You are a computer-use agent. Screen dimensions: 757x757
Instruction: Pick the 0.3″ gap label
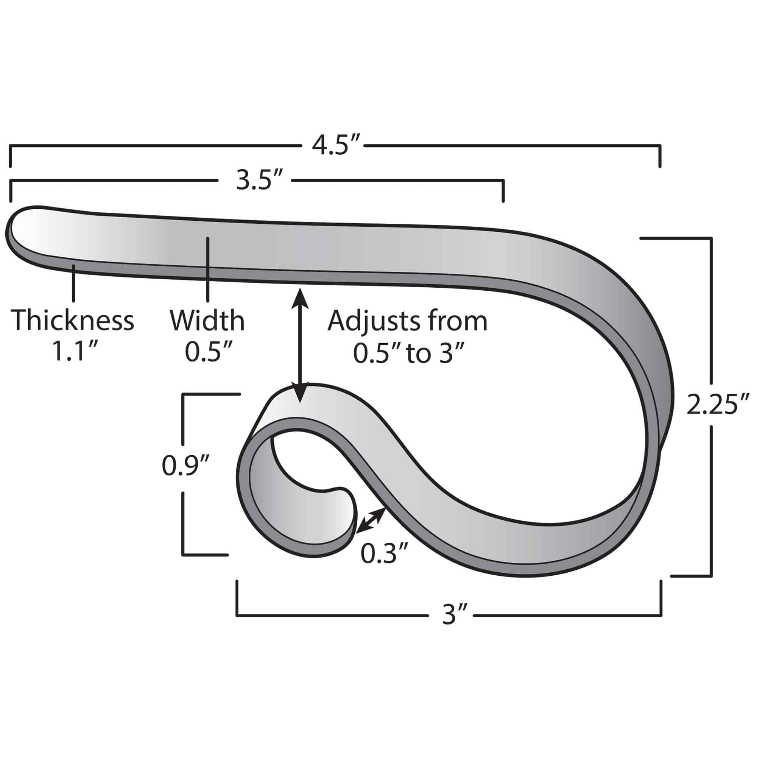(385, 554)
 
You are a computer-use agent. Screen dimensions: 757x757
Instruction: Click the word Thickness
(73, 320)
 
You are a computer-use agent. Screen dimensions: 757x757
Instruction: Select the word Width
(207, 320)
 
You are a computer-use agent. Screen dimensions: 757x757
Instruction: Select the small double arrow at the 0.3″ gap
(370, 520)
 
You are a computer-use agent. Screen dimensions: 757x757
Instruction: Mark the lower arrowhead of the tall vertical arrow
(300, 396)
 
